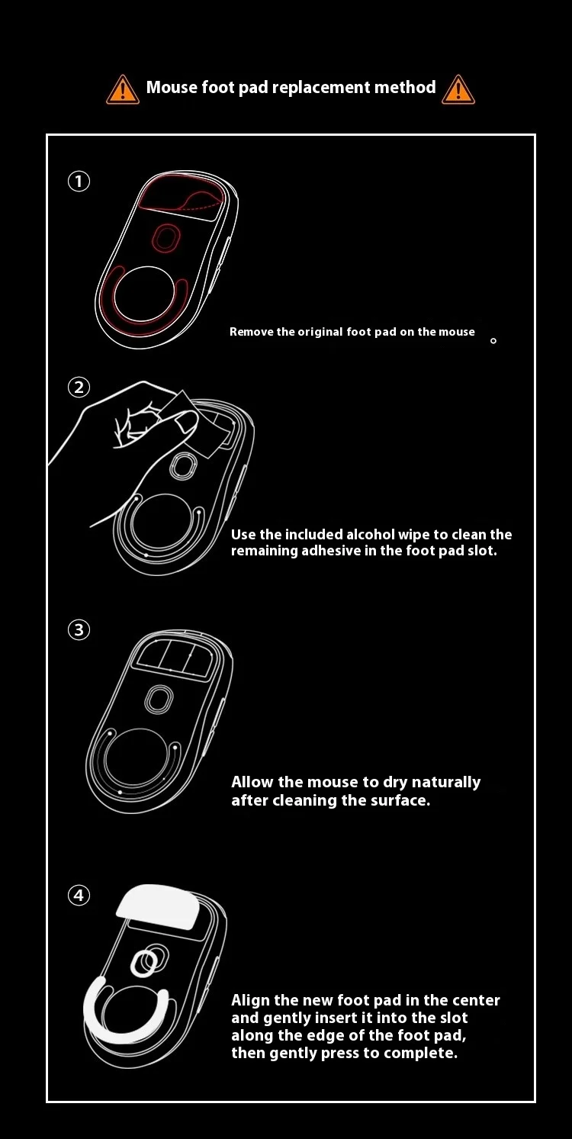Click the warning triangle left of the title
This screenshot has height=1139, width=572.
point(123,90)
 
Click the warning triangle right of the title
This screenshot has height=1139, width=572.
point(458,90)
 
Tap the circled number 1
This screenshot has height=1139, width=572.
point(79,181)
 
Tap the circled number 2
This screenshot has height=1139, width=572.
point(79,388)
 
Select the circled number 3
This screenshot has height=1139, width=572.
point(79,630)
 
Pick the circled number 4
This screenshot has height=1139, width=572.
point(79,895)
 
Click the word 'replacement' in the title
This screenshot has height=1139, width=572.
point(321,88)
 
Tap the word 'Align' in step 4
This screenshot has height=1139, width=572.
point(250,1001)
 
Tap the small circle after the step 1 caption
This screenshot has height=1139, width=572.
point(493,341)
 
